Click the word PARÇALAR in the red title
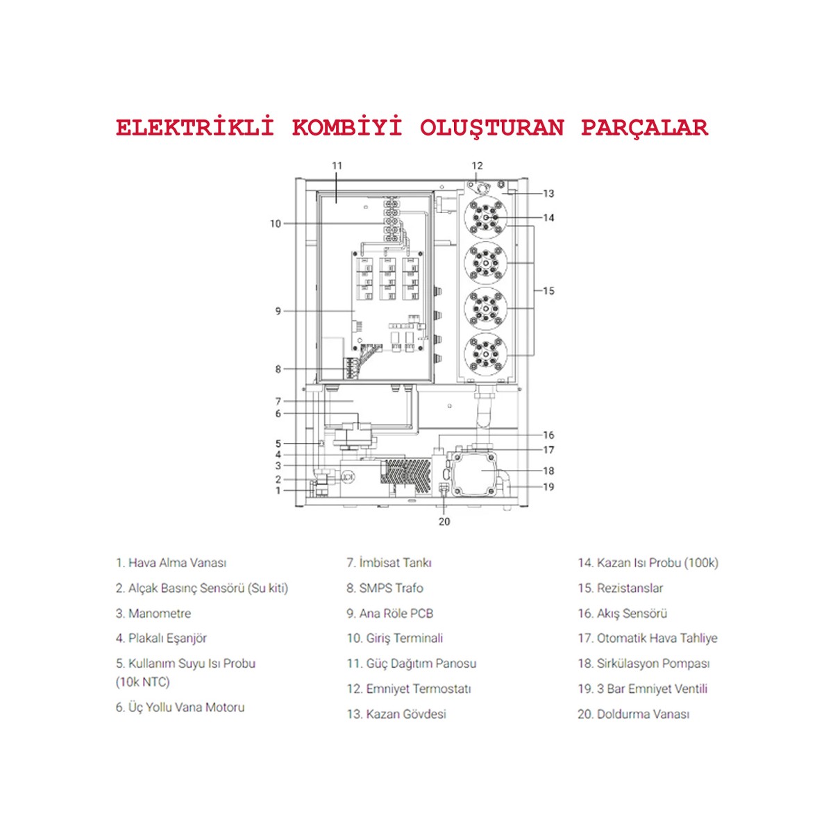(x=644, y=128)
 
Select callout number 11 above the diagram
(x=337, y=166)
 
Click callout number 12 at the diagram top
(x=477, y=166)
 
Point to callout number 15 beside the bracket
(x=548, y=291)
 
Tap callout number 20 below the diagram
(x=444, y=521)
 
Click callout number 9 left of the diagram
(x=278, y=311)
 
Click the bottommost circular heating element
(x=485, y=353)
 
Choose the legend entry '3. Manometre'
(x=153, y=614)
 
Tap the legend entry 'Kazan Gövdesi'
(x=405, y=714)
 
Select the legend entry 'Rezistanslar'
(x=629, y=588)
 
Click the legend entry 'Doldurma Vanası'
(x=642, y=714)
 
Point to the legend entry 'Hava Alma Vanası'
(x=177, y=563)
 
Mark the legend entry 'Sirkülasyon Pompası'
(x=653, y=664)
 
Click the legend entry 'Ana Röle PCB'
(x=396, y=614)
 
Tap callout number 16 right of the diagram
(x=548, y=435)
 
